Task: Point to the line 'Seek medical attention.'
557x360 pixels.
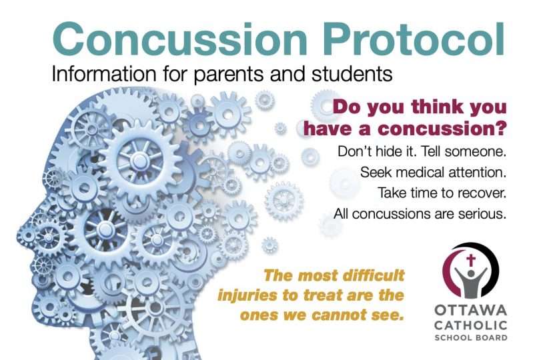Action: [434, 172]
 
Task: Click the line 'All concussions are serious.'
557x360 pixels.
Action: [420, 215]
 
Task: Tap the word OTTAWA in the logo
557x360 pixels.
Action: [470, 311]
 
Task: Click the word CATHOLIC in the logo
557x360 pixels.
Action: [470, 325]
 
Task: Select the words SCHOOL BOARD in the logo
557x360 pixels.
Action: [470, 337]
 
